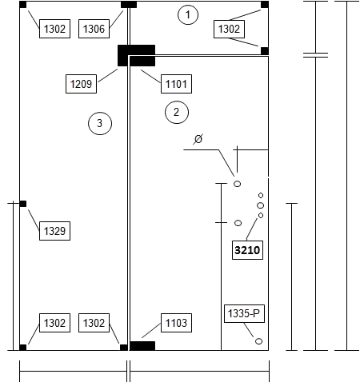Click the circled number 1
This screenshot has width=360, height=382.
[188, 14]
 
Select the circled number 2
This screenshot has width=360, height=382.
[177, 112]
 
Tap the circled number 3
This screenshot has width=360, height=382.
[100, 123]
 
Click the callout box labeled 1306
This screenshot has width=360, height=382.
[94, 29]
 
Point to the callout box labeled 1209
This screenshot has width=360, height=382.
[81, 84]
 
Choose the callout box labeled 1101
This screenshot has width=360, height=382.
[176, 84]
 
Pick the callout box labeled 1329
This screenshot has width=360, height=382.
[54, 231]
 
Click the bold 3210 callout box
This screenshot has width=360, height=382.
[247, 250]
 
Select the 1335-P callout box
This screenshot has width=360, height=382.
[244, 313]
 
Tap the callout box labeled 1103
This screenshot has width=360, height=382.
[176, 323]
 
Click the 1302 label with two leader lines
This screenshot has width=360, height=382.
[229, 29]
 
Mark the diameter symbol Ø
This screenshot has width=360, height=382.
[198, 139]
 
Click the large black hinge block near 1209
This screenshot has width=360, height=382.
[136, 55]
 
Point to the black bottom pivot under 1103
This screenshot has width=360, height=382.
[142, 346]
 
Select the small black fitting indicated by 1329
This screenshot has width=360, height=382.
[23, 204]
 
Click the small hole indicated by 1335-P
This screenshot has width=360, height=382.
[258, 341]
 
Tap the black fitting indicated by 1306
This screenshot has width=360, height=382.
[129, 5]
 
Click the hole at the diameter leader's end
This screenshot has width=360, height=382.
[237, 184]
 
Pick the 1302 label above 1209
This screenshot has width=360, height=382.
[54, 29]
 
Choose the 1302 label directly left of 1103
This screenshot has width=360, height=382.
[94, 323]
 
